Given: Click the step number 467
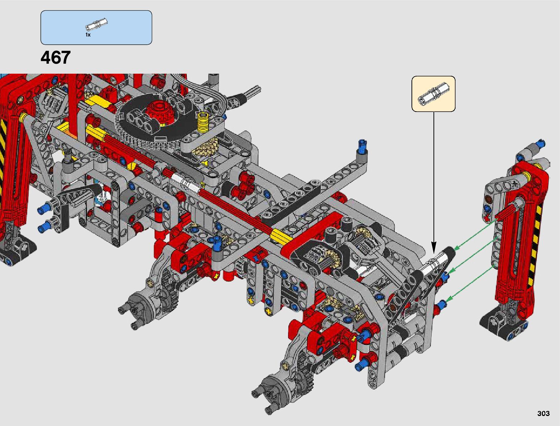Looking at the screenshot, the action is point(55,58).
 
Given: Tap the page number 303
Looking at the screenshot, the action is point(544,413).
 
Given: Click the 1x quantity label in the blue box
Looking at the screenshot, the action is point(88,35).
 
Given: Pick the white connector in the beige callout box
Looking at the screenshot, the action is point(433,93).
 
